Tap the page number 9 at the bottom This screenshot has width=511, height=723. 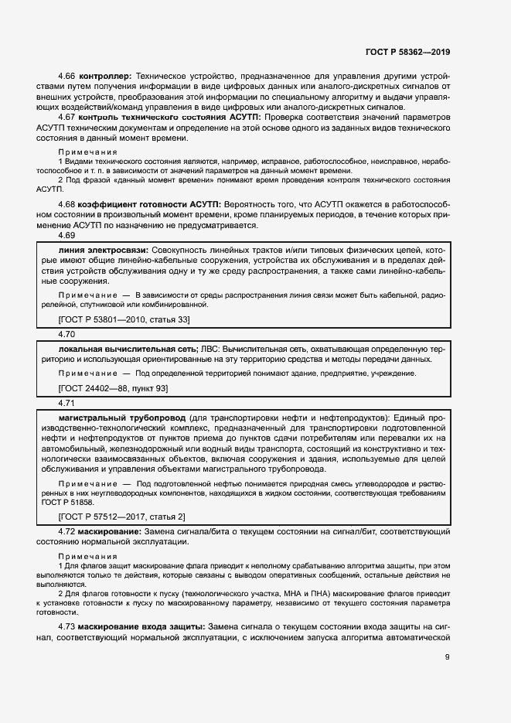click(x=447, y=657)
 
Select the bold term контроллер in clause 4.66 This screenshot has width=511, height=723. click(x=104, y=77)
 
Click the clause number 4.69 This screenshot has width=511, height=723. click(x=66, y=235)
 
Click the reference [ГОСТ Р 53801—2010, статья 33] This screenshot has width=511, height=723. click(x=124, y=319)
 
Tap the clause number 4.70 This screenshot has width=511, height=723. click(x=66, y=335)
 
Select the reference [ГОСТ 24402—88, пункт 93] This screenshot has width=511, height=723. click(x=113, y=388)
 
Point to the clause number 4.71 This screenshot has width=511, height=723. click(x=66, y=404)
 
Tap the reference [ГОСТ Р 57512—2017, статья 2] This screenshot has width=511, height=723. click(x=121, y=517)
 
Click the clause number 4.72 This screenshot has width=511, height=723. click(x=69, y=533)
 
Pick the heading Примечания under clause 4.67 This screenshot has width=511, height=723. click(x=88, y=152)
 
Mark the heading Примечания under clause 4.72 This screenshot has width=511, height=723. click(x=88, y=557)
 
